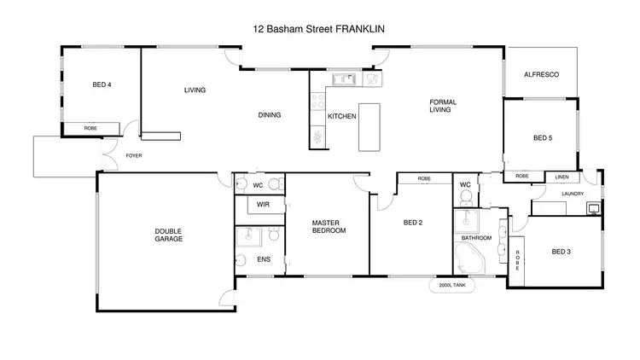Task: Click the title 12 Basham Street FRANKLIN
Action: [x=319, y=28]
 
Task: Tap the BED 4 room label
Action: [x=102, y=84]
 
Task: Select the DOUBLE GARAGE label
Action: [x=168, y=235]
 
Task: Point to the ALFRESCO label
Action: [x=541, y=75]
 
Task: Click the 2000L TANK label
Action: [x=452, y=287]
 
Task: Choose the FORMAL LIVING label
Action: [x=443, y=106]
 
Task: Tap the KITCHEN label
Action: [x=342, y=116]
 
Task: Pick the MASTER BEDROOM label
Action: [x=329, y=226]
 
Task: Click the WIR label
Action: [x=263, y=206]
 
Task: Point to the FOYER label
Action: [x=134, y=156]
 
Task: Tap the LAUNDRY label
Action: [x=573, y=194]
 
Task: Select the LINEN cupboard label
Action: [x=561, y=177]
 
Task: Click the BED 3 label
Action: [x=560, y=251]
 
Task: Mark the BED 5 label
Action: [x=543, y=137]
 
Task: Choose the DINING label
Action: [x=270, y=115]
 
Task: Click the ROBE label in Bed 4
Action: [x=90, y=128]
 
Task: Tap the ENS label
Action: [x=263, y=258]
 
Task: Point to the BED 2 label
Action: [x=413, y=224]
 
